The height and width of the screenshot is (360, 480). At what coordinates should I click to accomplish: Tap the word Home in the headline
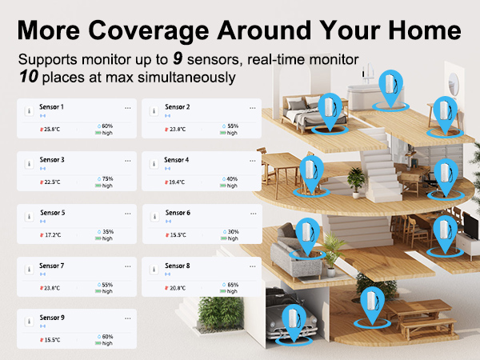(x=425, y=30)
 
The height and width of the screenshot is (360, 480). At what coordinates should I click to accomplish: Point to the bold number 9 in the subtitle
(x=178, y=58)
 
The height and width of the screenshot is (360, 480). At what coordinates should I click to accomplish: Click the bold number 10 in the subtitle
(x=29, y=76)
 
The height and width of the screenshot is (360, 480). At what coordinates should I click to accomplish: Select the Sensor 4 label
(x=176, y=160)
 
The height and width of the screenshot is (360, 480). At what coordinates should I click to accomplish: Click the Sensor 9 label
(x=52, y=318)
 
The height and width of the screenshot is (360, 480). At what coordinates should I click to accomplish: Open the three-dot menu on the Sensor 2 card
(x=253, y=108)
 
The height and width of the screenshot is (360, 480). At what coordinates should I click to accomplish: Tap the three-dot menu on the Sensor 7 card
(x=128, y=266)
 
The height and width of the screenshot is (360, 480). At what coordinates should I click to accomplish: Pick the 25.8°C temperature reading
(x=52, y=129)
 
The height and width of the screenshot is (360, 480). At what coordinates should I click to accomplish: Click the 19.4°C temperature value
(x=177, y=182)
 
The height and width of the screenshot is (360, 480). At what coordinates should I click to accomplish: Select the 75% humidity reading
(x=107, y=178)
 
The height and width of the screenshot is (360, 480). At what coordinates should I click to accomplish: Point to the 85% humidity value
(x=233, y=285)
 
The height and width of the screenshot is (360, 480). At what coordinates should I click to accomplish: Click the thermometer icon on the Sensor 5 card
(x=29, y=217)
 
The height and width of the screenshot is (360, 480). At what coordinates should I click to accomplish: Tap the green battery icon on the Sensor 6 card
(x=223, y=238)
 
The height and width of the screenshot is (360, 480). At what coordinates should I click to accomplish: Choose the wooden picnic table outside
(x=422, y=318)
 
